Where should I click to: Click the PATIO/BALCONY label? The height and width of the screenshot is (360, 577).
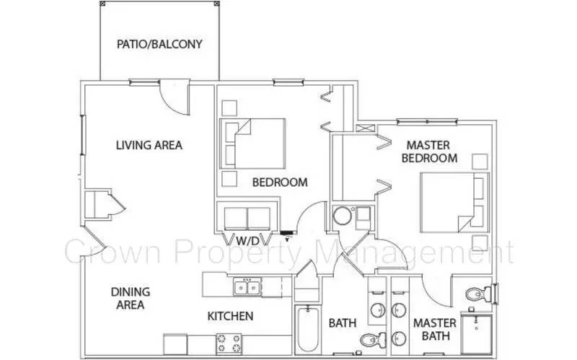159,44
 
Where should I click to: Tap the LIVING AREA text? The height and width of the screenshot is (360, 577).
149,145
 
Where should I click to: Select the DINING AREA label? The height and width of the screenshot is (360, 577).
131,298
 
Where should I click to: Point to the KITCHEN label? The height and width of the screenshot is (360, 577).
230,316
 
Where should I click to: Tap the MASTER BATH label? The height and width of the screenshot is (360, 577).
434,330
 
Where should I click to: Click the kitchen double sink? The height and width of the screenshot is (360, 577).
247,288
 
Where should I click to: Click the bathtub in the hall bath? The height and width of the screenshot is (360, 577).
307,331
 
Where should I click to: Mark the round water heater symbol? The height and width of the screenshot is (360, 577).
341,216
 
